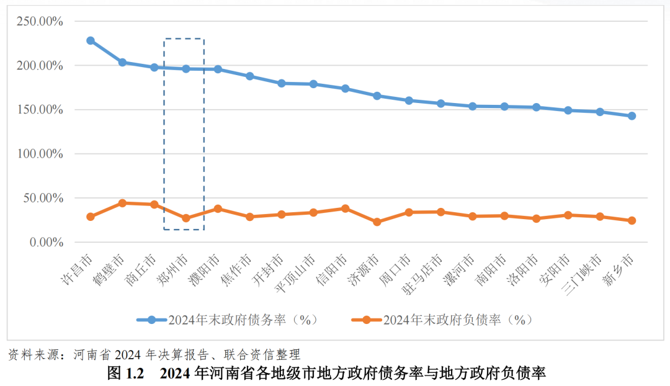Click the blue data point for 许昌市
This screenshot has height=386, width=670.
coord(91,40)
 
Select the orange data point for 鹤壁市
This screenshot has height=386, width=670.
coord(122,203)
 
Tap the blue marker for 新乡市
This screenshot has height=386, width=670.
coord(632,116)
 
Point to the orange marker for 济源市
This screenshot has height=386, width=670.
coord(377,222)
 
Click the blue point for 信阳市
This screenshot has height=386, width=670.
coord(345,89)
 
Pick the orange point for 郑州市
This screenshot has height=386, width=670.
coord(186,218)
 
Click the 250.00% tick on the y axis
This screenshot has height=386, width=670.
coord(40,21)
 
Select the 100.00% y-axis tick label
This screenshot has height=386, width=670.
coord(40,154)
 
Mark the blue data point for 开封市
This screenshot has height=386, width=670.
coord(281,83)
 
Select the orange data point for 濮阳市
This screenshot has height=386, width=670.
coord(218,209)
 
